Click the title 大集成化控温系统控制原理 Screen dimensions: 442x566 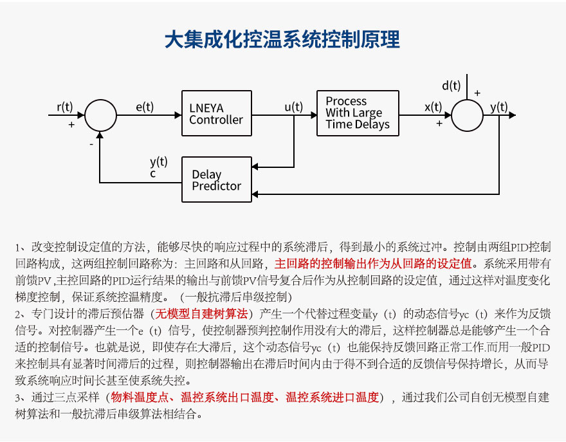pos(282,39)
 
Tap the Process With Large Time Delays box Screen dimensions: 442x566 pos(358,113)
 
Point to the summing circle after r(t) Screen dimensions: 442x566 pos(100,115)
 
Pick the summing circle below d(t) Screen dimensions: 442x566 pos(467,115)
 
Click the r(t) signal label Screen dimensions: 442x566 pos(64,106)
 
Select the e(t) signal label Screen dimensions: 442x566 pos(144,107)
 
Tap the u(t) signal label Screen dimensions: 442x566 pos(293,107)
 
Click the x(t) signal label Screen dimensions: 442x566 pos(433,107)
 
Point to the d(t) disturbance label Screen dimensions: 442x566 pos(451,86)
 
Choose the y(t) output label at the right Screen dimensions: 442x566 pos(498,107)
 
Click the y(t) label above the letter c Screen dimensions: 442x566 pos(158,161)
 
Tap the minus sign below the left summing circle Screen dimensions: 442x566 pos(91,145)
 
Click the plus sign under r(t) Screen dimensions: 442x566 pos(71,124)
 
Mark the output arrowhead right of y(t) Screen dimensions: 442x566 pos(512,115)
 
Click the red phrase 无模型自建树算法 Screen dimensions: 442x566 pos(201,315)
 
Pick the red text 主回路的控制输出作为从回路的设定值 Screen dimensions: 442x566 pos(373,263)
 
